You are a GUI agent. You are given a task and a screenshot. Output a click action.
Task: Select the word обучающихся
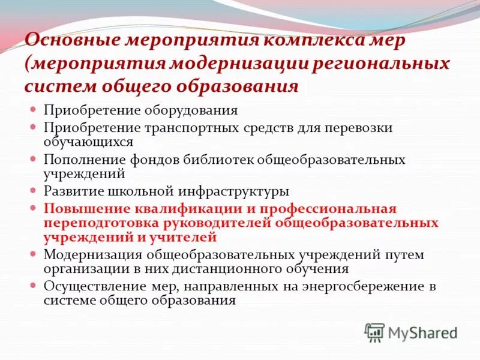[x=88, y=142]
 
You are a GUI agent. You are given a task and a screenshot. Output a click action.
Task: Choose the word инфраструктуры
[x=234, y=191]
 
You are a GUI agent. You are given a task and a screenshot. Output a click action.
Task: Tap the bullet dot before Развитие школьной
[x=34, y=191]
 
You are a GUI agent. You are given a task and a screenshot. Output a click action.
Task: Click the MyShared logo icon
[x=374, y=332]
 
